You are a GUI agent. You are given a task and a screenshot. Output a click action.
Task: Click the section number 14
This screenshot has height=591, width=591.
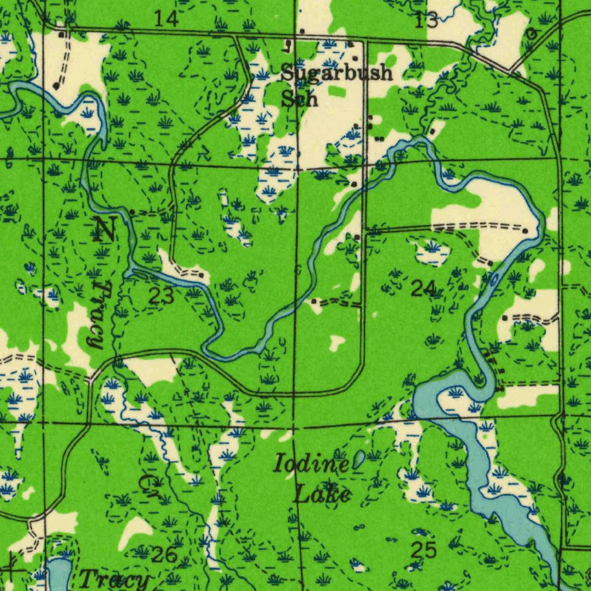(x=166, y=19)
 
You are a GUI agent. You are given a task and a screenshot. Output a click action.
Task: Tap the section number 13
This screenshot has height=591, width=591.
(x=427, y=20)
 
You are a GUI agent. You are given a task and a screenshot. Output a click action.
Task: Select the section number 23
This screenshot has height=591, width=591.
(x=161, y=296)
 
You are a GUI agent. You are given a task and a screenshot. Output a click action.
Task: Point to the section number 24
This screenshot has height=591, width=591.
(x=424, y=287)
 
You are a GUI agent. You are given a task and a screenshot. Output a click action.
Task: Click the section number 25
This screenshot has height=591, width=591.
(x=423, y=550)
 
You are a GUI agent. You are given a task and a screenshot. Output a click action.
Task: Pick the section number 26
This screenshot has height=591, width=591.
(x=164, y=555)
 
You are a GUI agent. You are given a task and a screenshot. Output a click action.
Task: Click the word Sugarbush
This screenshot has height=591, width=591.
(x=337, y=73)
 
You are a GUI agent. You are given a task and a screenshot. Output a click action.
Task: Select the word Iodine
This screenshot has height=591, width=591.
(x=311, y=463)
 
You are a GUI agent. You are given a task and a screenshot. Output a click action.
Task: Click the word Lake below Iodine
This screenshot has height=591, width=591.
(x=322, y=495)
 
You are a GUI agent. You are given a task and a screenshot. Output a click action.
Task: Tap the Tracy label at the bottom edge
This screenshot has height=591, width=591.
(x=114, y=579)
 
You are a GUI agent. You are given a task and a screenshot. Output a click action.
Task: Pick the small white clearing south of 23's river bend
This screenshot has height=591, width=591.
(x=336, y=344)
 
